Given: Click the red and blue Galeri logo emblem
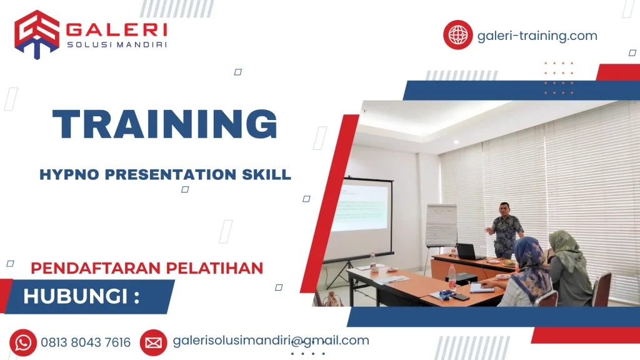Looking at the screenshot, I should (37, 34).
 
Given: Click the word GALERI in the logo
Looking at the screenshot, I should (116, 30).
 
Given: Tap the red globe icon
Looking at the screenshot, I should (457, 35).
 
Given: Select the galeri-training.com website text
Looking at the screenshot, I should (537, 36).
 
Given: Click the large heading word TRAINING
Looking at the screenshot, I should (165, 124).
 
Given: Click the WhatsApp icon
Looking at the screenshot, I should (23, 342).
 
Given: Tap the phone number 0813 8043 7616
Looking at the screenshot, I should (86, 342).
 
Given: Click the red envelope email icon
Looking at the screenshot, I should (153, 342).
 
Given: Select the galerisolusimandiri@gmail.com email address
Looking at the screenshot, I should (271, 341).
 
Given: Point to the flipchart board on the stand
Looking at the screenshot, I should (441, 225).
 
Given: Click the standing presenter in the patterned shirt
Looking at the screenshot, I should (505, 229).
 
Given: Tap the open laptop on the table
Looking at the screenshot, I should (468, 252).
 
